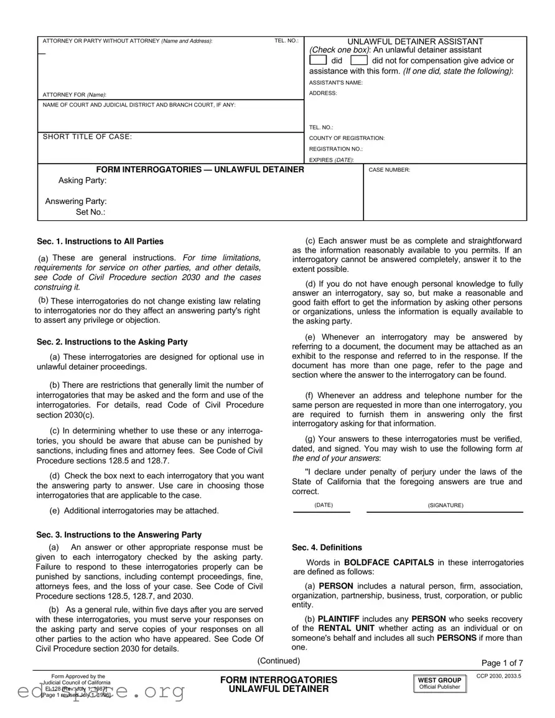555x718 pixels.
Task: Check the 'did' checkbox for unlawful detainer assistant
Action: [318, 60]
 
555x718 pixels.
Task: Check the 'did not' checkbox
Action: [359, 60]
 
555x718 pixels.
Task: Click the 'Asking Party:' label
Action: [82, 180]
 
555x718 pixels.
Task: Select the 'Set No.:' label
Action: [90, 212]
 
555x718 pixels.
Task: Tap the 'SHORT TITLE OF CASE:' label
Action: [87, 137]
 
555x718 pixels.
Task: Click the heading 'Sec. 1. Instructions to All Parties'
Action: [100, 241]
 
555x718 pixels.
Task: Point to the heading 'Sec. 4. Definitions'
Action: [327, 548]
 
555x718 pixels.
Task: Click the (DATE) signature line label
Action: [324, 505]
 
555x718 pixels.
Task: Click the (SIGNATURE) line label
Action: [445, 505]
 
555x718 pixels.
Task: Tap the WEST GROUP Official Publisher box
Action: [439, 683]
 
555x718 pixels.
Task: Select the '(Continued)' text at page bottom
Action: [278, 661]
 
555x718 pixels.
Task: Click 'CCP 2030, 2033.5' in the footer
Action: [499, 676]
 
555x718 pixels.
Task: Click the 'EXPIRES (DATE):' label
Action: [332, 160]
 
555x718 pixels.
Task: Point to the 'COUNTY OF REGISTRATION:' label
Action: [347, 138]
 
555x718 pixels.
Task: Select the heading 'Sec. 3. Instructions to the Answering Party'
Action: [119, 534]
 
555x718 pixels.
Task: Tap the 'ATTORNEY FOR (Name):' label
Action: [74, 95]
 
